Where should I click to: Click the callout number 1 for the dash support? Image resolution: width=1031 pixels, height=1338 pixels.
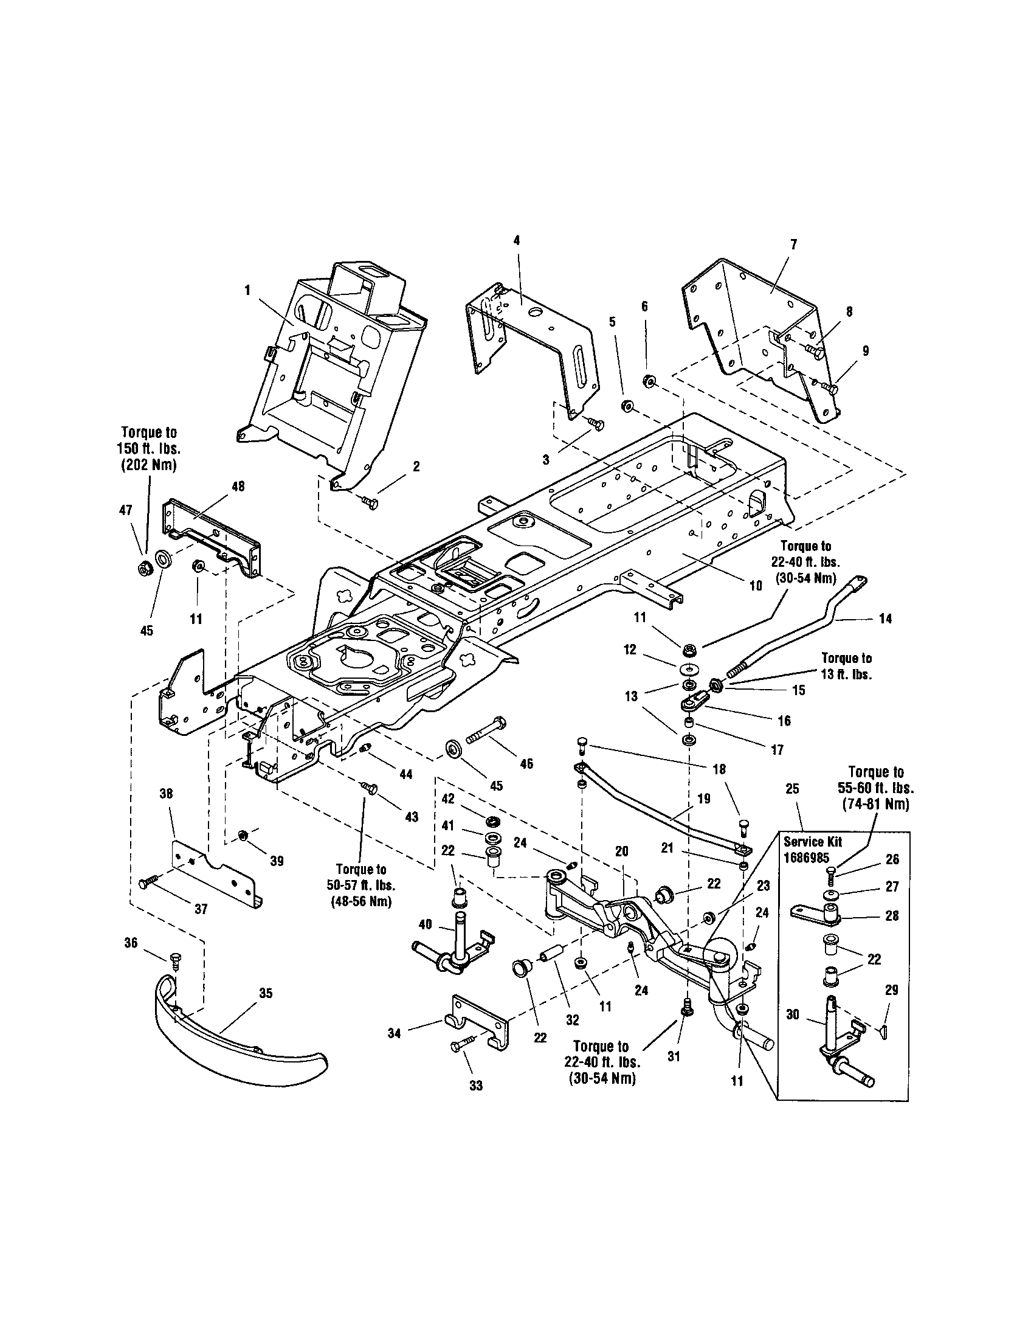click(247, 289)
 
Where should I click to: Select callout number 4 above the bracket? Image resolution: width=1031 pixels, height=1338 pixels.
click(516, 241)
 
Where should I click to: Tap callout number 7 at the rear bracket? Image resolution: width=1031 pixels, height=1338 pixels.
click(793, 245)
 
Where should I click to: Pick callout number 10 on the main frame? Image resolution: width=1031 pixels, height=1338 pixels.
click(756, 585)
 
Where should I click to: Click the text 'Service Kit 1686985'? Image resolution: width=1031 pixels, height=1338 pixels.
click(812, 848)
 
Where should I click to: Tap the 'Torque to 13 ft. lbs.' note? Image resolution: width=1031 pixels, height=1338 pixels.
click(846, 666)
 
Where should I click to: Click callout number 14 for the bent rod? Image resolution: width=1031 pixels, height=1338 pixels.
click(884, 619)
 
